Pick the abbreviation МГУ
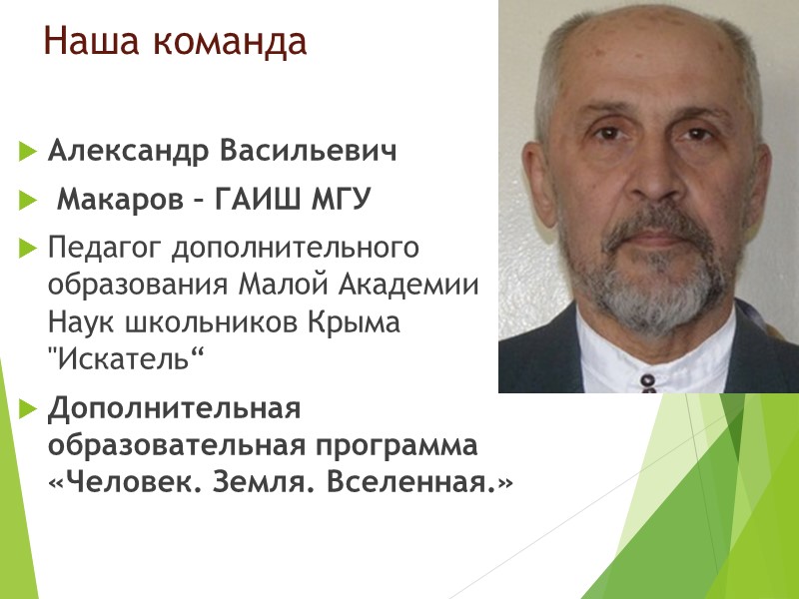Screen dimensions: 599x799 [x=341, y=202]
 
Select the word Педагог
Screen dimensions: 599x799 [x=102, y=246]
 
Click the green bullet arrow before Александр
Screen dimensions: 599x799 [x=26, y=154]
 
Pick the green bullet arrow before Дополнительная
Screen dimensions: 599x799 [x=26, y=409]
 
